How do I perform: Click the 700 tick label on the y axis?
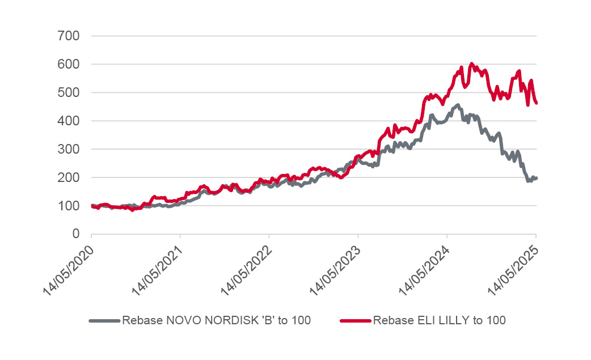pyautogui.click(x=69, y=36)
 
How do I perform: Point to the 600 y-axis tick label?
pyautogui.click(x=69, y=65)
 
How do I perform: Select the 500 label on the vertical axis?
pyautogui.click(x=69, y=92)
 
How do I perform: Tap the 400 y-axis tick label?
pyautogui.click(x=69, y=121)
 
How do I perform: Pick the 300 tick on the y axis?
pyautogui.click(x=69, y=149)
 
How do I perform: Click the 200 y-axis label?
pyautogui.click(x=69, y=177)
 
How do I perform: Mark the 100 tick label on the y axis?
pyautogui.click(x=69, y=206)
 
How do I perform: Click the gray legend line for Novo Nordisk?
pyautogui.click(x=104, y=321)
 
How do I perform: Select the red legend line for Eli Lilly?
pyautogui.click(x=355, y=321)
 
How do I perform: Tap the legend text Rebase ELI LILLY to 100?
pyautogui.click(x=439, y=321)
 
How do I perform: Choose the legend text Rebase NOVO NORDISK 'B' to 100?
pyautogui.click(x=216, y=321)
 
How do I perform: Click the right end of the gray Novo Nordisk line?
pyautogui.click(x=536, y=178)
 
